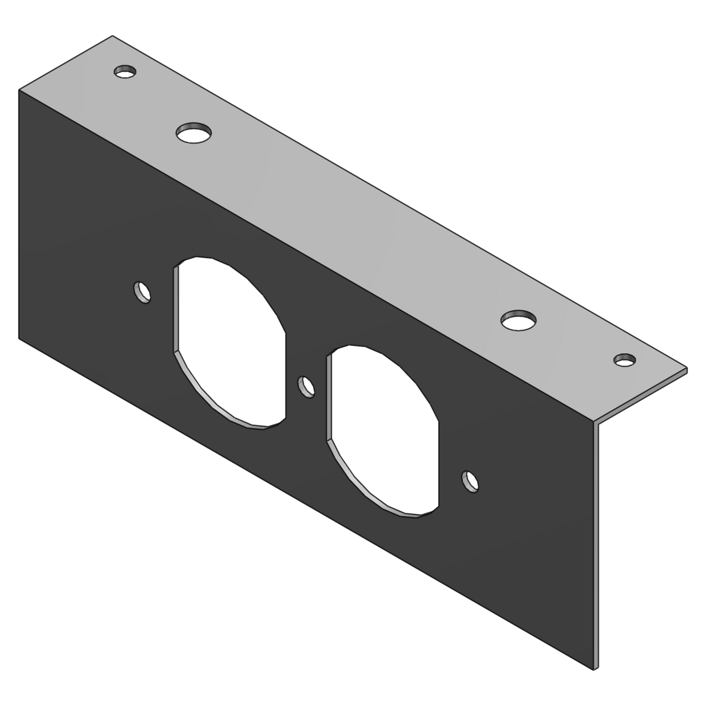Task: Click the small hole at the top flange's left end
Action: [125, 72]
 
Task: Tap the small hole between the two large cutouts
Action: [307, 386]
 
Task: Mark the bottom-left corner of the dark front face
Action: [19, 338]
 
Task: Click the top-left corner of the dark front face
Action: [19, 89]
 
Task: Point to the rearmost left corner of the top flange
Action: [112, 36]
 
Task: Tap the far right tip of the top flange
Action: [687, 369]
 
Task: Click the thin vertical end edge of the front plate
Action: [596, 546]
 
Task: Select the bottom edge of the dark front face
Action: [306, 504]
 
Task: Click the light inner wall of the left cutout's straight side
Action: [176, 311]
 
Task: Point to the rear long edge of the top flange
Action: [400, 202]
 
